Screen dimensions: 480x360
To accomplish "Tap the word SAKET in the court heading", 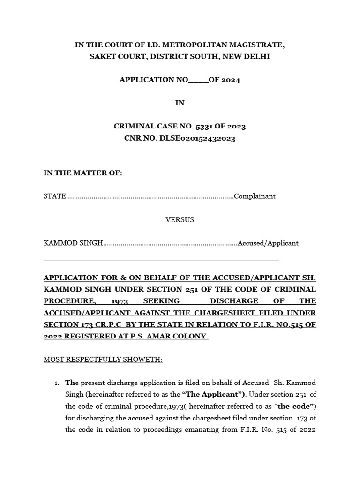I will point(102,57).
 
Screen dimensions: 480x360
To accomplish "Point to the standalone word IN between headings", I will point(180,103).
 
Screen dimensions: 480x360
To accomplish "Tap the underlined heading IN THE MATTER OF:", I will point(83,173).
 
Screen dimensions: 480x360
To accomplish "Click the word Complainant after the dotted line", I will point(255,196).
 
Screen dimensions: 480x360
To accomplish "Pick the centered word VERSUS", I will point(180,220).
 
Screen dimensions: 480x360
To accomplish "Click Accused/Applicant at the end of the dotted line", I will point(268,243).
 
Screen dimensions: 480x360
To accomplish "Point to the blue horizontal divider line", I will point(162,260).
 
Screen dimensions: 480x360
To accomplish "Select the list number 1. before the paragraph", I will point(56,383).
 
